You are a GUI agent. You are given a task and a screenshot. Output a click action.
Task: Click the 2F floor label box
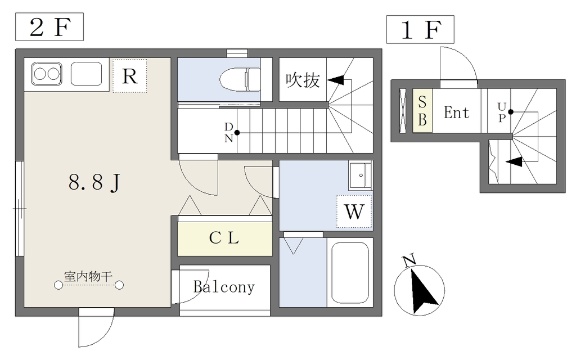click(x=49, y=28)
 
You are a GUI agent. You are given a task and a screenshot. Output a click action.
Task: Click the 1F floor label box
click(x=420, y=30)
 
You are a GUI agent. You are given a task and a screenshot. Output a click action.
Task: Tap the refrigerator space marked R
click(x=129, y=76)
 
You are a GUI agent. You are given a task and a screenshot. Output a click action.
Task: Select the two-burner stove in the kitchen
click(x=46, y=74)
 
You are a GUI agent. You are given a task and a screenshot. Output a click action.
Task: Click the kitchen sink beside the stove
click(x=86, y=74)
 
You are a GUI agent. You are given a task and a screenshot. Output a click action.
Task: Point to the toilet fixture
click(x=240, y=79)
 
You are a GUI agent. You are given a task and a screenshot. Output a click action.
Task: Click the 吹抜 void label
click(x=303, y=80)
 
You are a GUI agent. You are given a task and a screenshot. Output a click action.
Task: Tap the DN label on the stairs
click(x=228, y=133)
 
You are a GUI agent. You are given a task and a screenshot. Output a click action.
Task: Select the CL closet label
click(x=224, y=238)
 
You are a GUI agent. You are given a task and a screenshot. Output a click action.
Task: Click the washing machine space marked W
click(x=354, y=212)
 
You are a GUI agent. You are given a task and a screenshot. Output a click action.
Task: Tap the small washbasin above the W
click(x=359, y=176)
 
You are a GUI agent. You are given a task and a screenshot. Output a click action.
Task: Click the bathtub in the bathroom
click(x=349, y=272)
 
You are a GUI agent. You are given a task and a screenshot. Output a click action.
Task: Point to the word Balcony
click(x=224, y=287)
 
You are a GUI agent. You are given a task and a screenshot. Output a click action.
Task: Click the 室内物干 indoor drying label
click(x=88, y=276)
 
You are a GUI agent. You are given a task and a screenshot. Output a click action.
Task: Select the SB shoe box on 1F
click(x=422, y=111)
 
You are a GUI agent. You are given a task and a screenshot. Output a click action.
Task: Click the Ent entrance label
click(x=456, y=112)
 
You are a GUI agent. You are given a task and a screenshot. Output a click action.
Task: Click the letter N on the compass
click(x=409, y=260)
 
